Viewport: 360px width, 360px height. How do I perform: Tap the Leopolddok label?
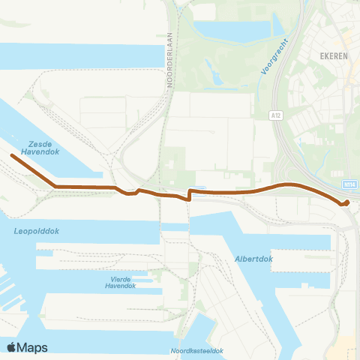pos(37,232)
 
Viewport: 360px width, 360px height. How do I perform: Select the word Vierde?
pos(120,278)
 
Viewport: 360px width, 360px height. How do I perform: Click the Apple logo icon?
pos(12,346)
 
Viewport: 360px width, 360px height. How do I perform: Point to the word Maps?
pos(33,347)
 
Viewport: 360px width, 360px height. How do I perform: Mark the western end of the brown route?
pos(12,156)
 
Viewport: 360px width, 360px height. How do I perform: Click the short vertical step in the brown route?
pos(188,196)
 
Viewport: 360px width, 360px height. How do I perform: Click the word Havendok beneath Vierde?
pos(120,286)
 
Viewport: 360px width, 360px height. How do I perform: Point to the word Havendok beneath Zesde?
pos(41,149)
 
